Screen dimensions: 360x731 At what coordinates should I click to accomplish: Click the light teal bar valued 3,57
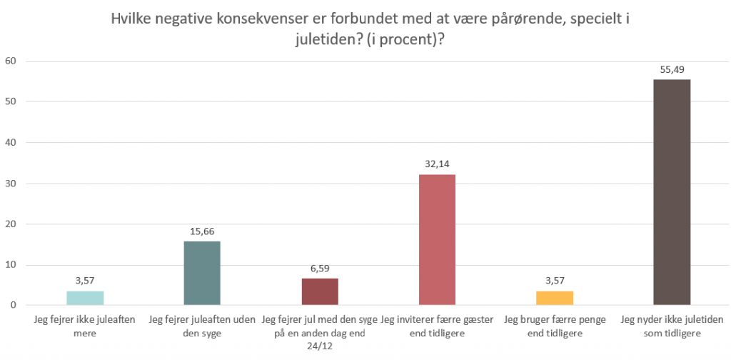click(x=85, y=298)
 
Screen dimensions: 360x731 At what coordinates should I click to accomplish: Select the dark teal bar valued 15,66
click(x=202, y=274)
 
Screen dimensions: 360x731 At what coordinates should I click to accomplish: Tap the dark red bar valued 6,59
click(x=320, y=291)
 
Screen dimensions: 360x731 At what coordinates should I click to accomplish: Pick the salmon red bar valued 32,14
click(x=438, y=240)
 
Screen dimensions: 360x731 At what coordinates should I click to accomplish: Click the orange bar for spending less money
click(x=555, y=298)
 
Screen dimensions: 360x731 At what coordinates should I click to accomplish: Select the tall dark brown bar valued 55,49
click(x=672, y=193)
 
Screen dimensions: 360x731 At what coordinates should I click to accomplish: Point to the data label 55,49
click(x=672, y=69)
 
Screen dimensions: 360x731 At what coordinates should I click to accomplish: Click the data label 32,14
click(x=438, y=164)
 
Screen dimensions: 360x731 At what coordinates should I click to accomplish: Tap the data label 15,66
click(x=202, y=231)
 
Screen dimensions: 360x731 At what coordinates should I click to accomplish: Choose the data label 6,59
click(x=320, y=268)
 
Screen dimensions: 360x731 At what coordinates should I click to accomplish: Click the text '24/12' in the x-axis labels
click(x=319, y=345)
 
